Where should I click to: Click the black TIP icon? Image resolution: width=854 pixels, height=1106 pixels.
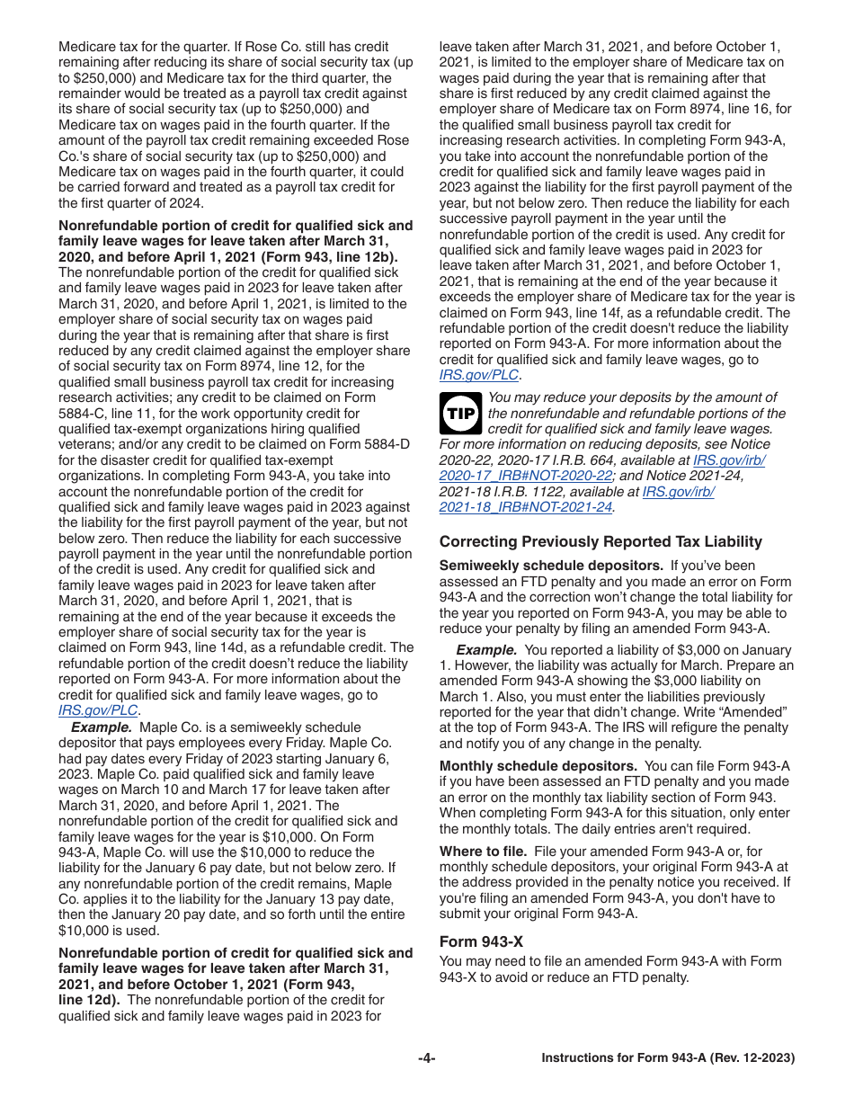pos(461,414)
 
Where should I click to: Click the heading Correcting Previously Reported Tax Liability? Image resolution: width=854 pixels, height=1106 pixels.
pos(600,541)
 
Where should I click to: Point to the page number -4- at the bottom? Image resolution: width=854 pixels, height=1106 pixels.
pos(427,1058)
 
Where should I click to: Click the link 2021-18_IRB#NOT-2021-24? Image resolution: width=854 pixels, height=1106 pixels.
pos(526,507)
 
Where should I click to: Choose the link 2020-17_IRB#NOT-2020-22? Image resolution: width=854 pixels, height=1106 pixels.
pos(526,476)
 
